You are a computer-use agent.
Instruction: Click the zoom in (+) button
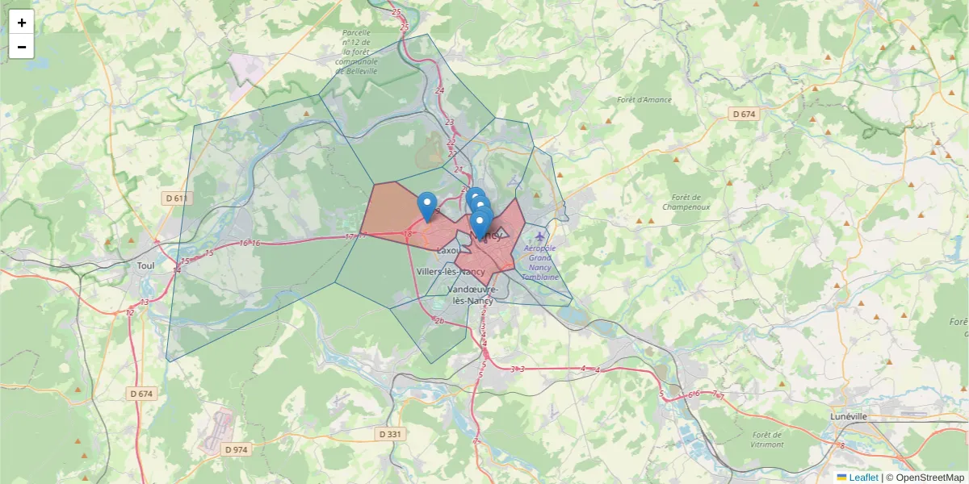[x=22, y=23]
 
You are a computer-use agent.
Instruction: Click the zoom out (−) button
[x=22, y=47]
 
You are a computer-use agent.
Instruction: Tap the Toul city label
[x=145, y=265]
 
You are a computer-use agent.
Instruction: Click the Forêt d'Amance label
[x=644, y=100]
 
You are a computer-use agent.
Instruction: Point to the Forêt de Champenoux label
[x=686, y=202]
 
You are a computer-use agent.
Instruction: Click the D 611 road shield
[x=175, y=198]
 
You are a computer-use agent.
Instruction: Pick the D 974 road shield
[x=237, y=449]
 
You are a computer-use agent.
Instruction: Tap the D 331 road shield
[x=389, y=434]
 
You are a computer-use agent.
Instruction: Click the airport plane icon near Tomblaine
[x=539, y=236]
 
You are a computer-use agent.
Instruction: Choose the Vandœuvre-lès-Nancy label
[x=471, y=294]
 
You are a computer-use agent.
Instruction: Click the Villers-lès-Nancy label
[x=451, y=272]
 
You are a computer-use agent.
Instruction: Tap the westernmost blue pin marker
[x=427, y=205]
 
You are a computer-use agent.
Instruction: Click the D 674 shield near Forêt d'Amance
[x=744, y=115]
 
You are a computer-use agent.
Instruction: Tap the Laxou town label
[x=447, y=251]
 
